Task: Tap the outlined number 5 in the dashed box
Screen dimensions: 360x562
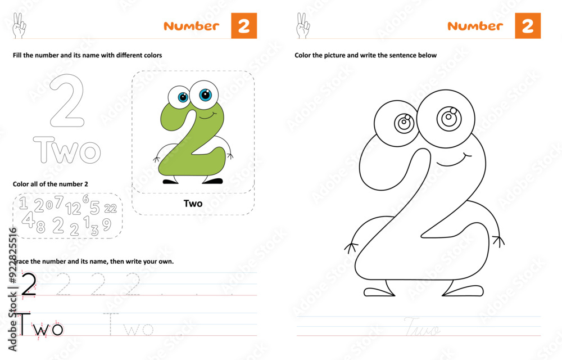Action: tap(95, 208)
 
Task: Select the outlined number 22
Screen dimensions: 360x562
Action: tap(110, 208)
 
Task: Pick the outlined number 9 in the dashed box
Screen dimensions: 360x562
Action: tap(106, 224)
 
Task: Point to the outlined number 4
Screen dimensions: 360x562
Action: tap(28, 220)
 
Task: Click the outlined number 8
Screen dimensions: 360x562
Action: tap(40, 227)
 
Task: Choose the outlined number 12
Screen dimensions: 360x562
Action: tap(73, 209)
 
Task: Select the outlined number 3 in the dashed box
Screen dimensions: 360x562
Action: tap(94, 229)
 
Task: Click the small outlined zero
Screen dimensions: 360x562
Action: tap(49, 205)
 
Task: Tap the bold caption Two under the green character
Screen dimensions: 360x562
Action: tap(193, 203)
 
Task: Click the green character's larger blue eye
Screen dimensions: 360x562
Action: tap(205, 94)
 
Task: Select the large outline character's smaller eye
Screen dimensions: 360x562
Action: tap(404, 122)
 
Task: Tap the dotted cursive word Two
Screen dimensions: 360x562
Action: tap(422, 326)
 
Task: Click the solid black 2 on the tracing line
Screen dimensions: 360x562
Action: tap(28, 283)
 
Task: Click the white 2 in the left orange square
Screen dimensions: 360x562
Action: tap(243, 26)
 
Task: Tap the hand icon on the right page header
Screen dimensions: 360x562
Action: tap(302, 26)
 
